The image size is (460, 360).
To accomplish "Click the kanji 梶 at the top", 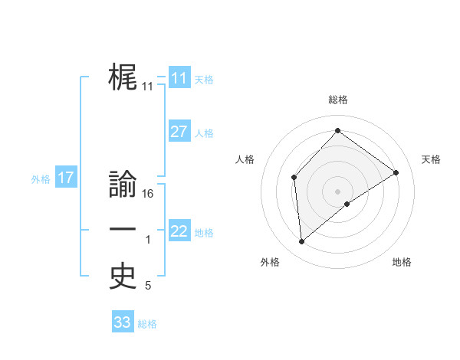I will [123, 77].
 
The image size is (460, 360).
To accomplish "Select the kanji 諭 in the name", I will [123, 185].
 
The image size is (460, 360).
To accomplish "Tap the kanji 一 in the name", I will [123, 231].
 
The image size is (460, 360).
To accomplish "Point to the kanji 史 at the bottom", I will [123, 277].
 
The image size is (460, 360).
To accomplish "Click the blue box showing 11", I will [179, 78].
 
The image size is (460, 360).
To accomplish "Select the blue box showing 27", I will [179, 132].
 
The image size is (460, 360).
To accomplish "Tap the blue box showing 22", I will [179, 231].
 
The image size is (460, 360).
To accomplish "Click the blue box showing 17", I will [66, 178].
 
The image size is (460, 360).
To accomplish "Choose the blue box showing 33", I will [123, 322].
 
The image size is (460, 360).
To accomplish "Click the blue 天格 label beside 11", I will [204, 80].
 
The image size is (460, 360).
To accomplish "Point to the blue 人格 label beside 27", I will [204, 133].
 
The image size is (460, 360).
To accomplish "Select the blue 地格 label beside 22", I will [204, 233].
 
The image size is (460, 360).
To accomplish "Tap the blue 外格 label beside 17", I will [41, 179].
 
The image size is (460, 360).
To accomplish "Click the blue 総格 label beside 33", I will [147, 324].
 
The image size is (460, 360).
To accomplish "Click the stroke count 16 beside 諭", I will [149, 194].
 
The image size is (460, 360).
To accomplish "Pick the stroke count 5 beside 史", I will [148, 286].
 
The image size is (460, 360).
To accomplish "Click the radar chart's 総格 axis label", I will [337, 100].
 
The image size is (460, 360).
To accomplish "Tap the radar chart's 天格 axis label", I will [431, 159].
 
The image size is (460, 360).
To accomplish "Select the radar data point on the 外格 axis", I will [302, 242].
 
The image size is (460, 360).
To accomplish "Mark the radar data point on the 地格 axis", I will [347, 204].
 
